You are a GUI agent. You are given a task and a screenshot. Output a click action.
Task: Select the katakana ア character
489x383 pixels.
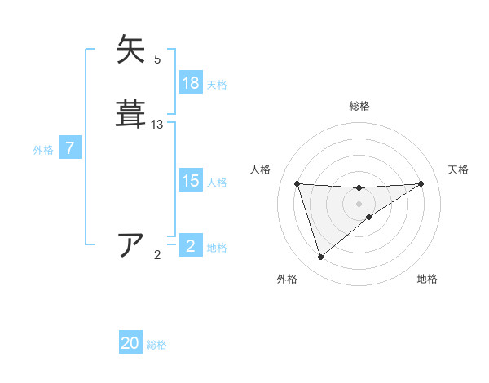click(131, 244)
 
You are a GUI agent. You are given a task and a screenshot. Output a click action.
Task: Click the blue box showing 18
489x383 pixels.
click(191, 83)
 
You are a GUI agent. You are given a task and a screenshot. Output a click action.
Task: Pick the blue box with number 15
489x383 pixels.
click(191, 182)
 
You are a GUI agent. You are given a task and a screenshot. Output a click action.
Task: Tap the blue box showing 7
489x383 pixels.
click(70, 149)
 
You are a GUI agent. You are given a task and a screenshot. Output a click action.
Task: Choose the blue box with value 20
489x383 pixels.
click(130, 344)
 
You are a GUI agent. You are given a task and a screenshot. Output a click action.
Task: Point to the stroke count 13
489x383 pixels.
click(157, 125)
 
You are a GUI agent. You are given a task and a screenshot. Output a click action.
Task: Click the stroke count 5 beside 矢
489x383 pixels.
click(157, 59)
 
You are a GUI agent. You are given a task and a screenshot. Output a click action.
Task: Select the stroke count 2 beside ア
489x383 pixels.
click(157, 255)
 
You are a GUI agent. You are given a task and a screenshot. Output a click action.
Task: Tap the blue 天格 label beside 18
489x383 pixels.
click(217, 84)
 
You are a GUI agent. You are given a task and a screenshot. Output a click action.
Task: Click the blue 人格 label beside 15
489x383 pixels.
click(217, 183)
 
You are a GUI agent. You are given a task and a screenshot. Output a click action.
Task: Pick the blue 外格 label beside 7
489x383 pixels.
click(43, 150)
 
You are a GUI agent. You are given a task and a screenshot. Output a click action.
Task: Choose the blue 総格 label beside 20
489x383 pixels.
click(156, 345)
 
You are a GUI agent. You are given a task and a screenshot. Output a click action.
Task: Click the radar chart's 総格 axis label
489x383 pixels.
click(359, 106)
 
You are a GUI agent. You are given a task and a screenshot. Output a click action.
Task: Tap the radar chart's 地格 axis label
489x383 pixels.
click(427, 279)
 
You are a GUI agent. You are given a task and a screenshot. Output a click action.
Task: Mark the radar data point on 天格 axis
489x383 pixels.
click(421, 183)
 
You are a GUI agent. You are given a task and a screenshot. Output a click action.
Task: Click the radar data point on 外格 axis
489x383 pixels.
click(320, 258)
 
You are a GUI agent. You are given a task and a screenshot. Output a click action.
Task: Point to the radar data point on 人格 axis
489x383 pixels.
click(297, 183)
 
